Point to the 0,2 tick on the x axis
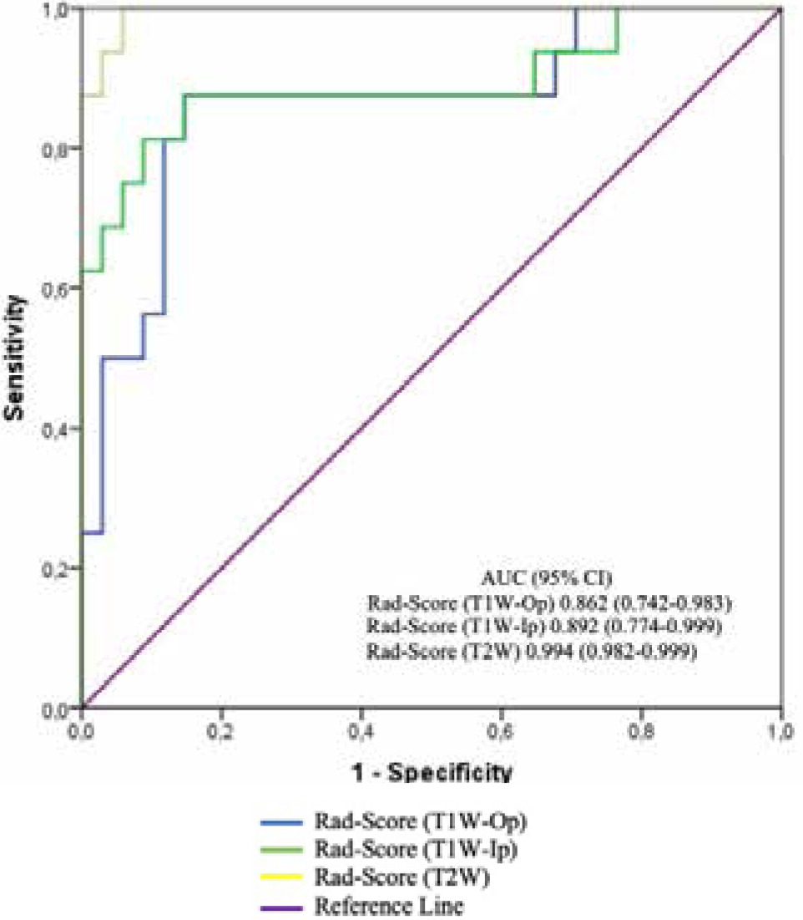221,724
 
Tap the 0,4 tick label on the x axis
361,724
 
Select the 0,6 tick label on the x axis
501,724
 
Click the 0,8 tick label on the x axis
640,724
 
